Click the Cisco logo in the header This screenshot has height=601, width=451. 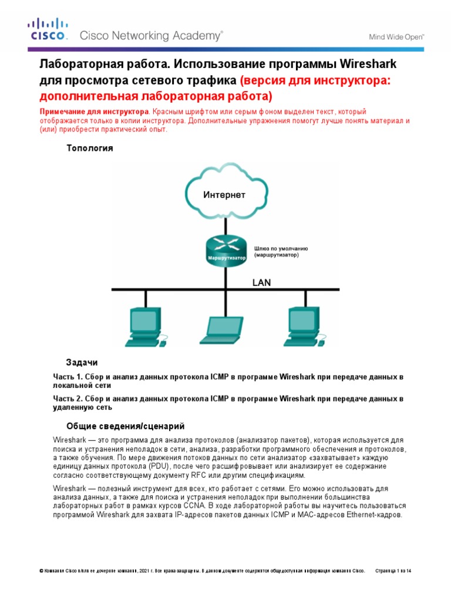point(49,30)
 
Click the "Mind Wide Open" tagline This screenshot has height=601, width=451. point(396,36)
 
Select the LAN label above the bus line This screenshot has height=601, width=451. point(261,282)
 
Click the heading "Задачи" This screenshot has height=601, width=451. point(81,362)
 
